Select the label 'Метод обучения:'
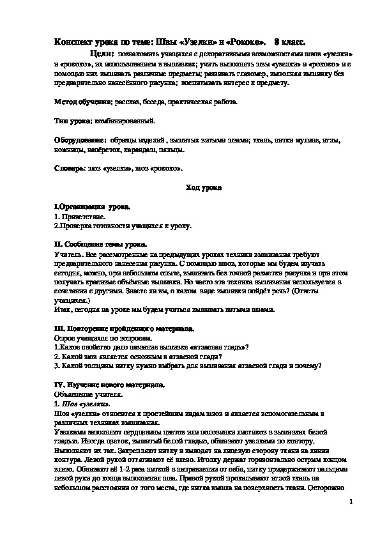pyautogui.click(x=83, y=102)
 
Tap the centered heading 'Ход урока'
pyautogui.click(x=203, y=188)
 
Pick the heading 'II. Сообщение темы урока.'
pyautogui.click(x=100, y=244)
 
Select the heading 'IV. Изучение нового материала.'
pyautogui.click(x=109, y=385)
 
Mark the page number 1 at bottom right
pyautogui.click(x=351, y=503)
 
